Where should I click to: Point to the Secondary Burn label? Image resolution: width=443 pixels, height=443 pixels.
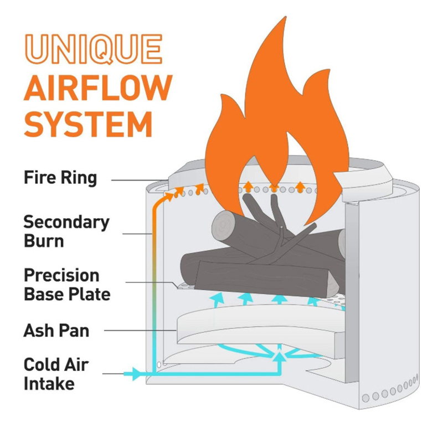pyautogui.click(x=66, y=231)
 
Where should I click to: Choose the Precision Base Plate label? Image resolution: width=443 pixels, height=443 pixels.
pyautogui.click(x=66, y=284)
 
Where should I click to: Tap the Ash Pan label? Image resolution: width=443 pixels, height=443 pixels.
pyautogui.click(x=56, y=331)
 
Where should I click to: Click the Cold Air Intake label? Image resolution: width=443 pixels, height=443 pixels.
pyautogui.click(x=56, y=374)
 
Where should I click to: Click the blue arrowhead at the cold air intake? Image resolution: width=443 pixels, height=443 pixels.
pyautogui.click(x=135, y=374)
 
